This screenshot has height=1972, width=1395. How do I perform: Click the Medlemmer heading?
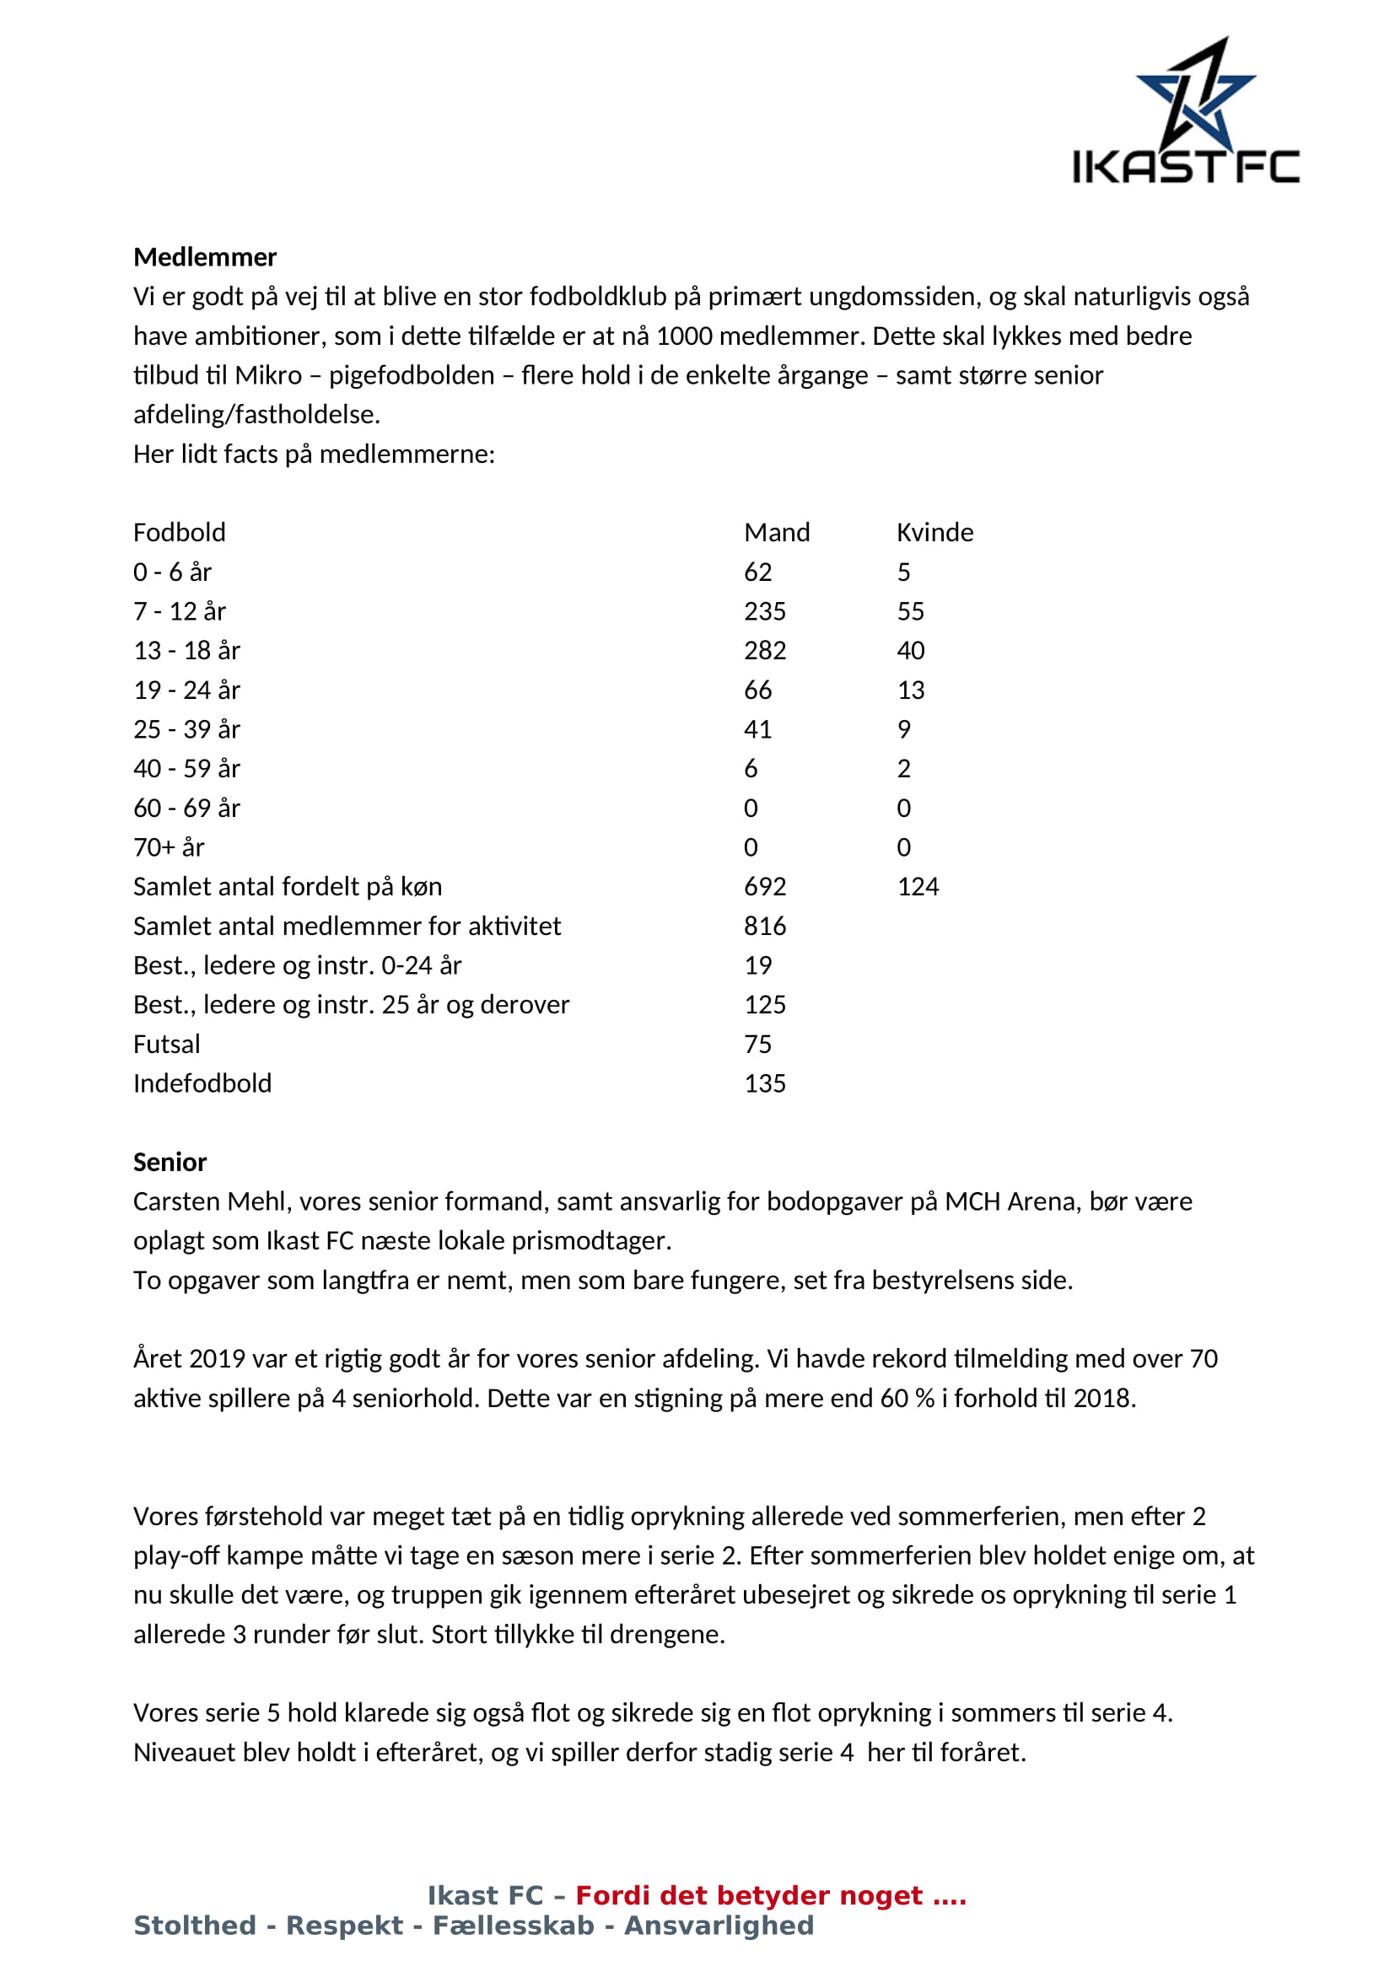click(x=204, y=257)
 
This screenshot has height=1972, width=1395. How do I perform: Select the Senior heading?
click(x=170, y=1162)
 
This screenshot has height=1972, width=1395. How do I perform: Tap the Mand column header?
click(x=777, y=533)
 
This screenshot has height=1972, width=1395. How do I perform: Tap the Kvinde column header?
click(x=934, y=533)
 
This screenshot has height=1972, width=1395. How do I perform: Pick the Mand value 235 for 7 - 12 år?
click(x=764, y=611)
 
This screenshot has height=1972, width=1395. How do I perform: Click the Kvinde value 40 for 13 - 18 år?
click(x=911, y=651)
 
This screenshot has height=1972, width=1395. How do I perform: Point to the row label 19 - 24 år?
click(x=186, y=690)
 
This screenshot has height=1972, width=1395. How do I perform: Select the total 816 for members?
click(x=764, y=926)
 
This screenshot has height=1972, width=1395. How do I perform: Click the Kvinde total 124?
click(x=918, y=886)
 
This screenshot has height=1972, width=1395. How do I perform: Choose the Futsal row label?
click(x=167, y=1045)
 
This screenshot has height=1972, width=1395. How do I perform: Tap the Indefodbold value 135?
click(x=764, y=1084)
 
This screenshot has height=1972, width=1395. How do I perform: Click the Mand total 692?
click(x=764, y=886)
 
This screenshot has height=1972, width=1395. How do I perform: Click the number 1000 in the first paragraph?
click(x=684, y=336)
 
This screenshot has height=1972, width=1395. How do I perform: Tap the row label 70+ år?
click(x=169, y=847)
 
